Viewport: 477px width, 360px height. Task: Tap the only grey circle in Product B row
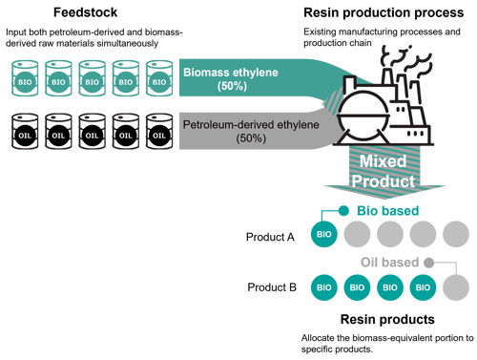point(456,286)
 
